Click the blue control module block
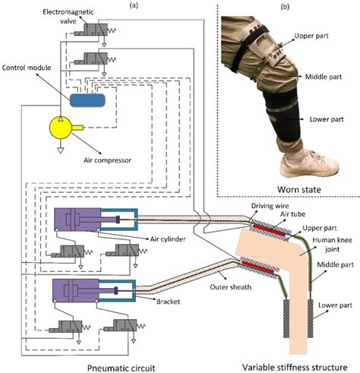pos(87,99)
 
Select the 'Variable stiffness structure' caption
pos(292,366)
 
